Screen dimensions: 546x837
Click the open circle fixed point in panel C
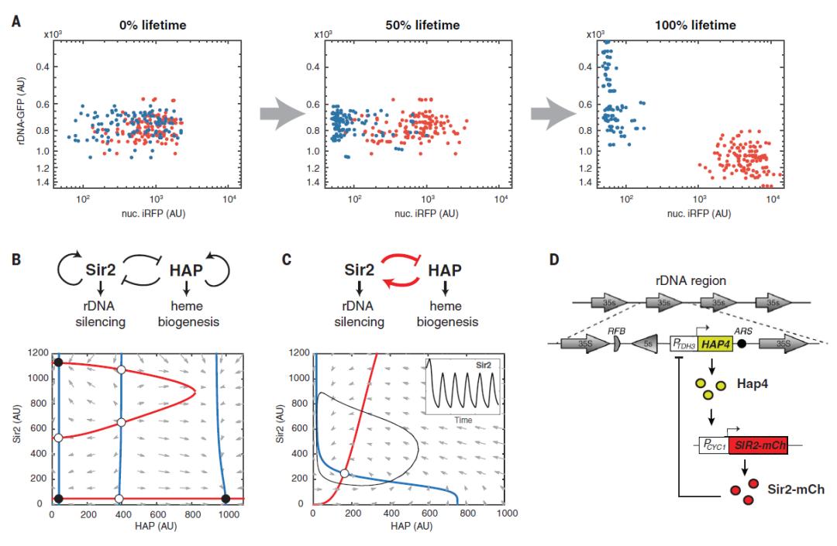tap(344, 473)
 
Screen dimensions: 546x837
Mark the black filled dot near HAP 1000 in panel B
tap(225, 498)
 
